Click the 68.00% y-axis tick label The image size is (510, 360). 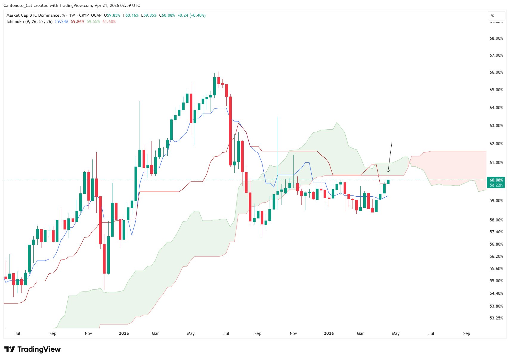(496, 38)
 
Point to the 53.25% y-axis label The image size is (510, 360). (496, 318)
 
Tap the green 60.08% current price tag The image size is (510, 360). (496, 180)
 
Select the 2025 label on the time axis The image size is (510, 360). (124, 333)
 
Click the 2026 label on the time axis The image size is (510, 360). (329, 333)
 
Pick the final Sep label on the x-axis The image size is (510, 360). (466, 333)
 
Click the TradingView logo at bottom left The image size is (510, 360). (32, 349)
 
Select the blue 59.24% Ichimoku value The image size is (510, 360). (62, 21)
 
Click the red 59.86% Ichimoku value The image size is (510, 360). (77, 21)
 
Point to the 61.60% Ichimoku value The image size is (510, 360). (109, 21)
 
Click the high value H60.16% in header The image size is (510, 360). (131, 15)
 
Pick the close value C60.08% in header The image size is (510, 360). (167, 15)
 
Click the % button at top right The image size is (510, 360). (492, 16)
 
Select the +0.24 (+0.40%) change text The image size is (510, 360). (191, 15)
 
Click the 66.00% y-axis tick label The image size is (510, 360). (496, 72)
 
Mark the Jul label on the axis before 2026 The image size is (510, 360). (226, 333)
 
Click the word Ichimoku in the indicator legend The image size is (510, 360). (15, 21)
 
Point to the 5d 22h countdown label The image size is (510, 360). (496, 185)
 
